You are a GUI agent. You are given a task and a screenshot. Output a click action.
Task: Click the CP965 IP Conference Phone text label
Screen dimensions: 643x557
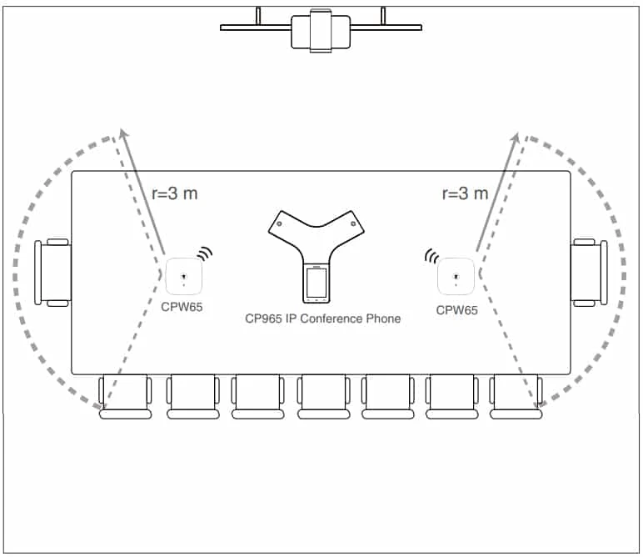click(x=322, y=319)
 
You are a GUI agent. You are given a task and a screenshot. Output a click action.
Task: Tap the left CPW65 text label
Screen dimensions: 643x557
click(x=182, y=307)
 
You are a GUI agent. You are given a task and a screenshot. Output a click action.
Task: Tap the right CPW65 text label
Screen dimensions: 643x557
click(x=456, y=310)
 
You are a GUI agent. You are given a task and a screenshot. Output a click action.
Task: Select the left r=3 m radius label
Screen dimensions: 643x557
click(x=175, y=193)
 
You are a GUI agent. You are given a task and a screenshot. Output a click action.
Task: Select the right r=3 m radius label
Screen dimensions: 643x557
click(x=465, y=193)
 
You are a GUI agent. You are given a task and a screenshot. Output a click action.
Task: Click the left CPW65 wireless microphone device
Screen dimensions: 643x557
click(x=184, y=276)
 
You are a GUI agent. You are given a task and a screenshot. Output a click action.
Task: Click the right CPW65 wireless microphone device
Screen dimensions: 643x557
click(x=456, y=276)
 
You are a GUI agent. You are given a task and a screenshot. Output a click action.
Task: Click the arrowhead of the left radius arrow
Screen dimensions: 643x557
click(x=123, y=133)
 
